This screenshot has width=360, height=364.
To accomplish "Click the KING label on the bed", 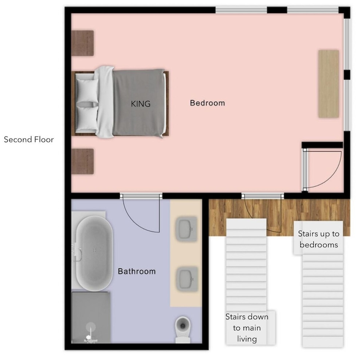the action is coord(141,104).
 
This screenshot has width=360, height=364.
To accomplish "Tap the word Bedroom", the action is coord(207,103).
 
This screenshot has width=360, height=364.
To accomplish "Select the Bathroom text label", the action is coord(137,271).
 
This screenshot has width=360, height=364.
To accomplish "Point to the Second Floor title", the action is coord(29,139).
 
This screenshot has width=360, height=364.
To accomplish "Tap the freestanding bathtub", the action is coord(94,253).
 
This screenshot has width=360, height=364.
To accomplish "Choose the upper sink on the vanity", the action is coord(187,229).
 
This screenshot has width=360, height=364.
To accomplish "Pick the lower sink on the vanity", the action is coord(187,279).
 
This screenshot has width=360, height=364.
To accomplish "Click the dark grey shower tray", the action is coord(91,317).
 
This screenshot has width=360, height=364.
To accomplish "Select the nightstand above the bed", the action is coord(82,43).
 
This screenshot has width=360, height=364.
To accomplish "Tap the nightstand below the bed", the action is coord(82,161).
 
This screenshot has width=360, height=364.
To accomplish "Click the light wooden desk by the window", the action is coord(328,84).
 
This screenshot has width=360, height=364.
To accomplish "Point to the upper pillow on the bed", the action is coord(87,90).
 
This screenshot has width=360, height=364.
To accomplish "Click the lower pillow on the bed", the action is coord(87,118).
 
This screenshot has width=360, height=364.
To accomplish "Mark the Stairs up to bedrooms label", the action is coord(318,239).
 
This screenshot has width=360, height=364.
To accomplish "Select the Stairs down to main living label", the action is coord(247,328).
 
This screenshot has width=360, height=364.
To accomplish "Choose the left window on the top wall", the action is coord(241,10).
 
